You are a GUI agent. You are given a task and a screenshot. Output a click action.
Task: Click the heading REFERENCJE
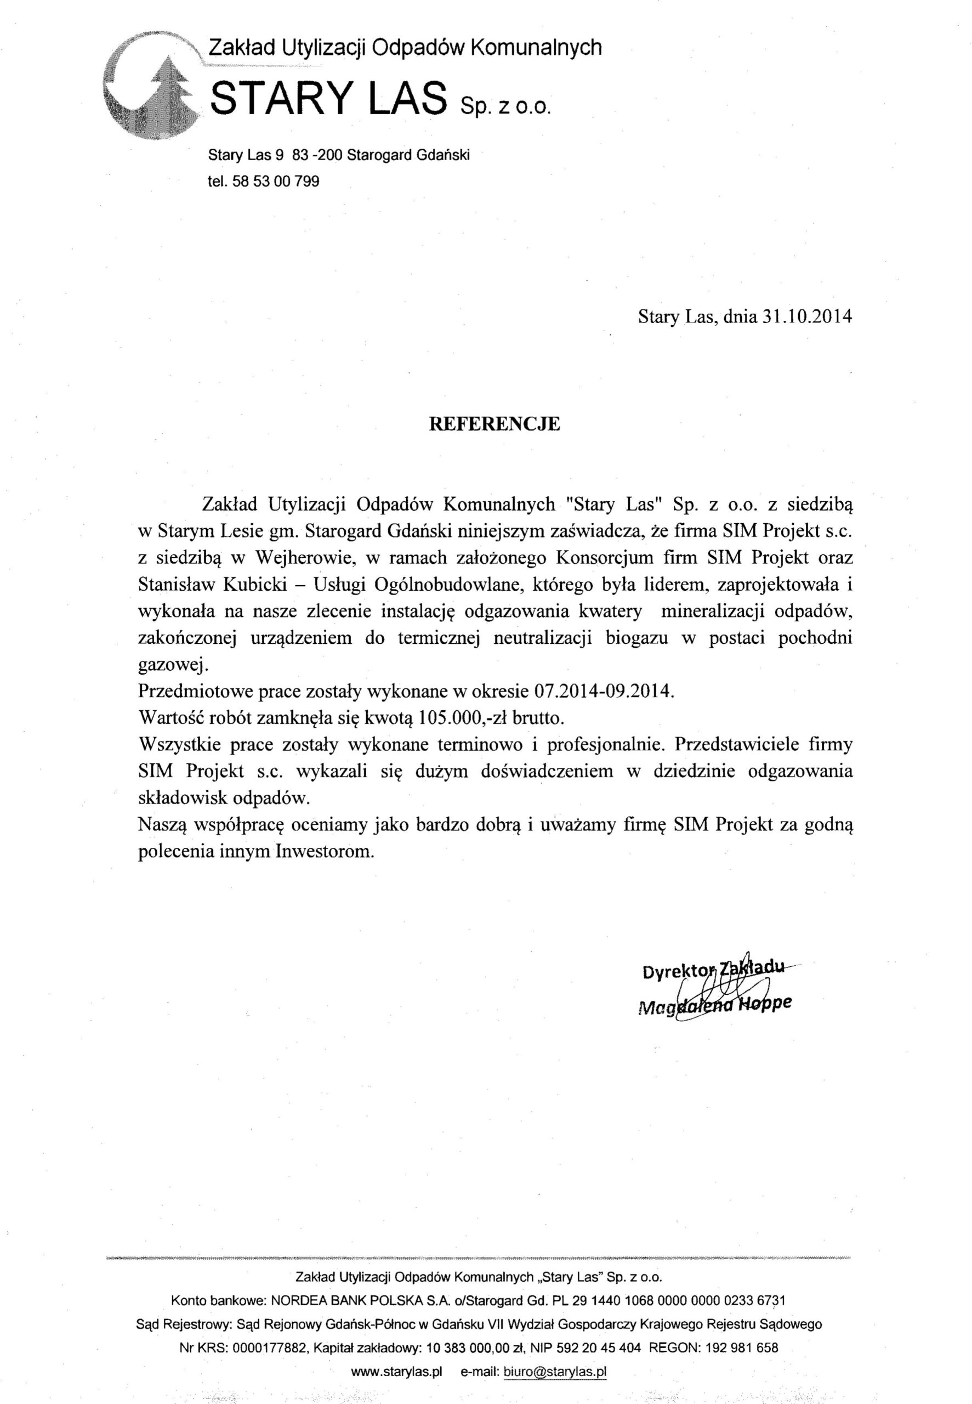point(494,424)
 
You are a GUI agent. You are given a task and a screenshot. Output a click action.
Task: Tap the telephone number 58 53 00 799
point(276,181)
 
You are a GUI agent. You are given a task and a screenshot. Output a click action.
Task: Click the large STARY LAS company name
point(328,99)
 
